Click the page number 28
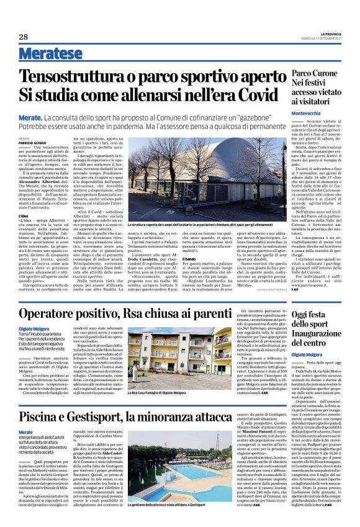pyautogui.click(x=24, y=37)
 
